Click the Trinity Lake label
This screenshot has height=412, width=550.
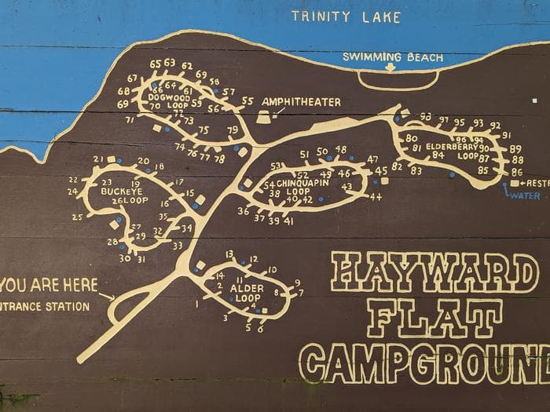click(346, 17)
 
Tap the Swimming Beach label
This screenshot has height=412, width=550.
click(393, 57)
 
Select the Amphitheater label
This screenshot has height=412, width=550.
click(301, 102)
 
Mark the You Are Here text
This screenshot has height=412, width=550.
click(49, 284)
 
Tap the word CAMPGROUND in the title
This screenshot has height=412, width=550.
click(424, 363)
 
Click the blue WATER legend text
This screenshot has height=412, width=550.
click(525, 195)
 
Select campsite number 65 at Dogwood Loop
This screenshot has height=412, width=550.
click(155, 64)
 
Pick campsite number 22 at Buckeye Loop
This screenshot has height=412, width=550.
click(73, 180)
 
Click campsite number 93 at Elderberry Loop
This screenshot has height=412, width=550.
click(425, 117)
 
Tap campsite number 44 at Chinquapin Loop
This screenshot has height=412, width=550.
click(376, 197)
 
